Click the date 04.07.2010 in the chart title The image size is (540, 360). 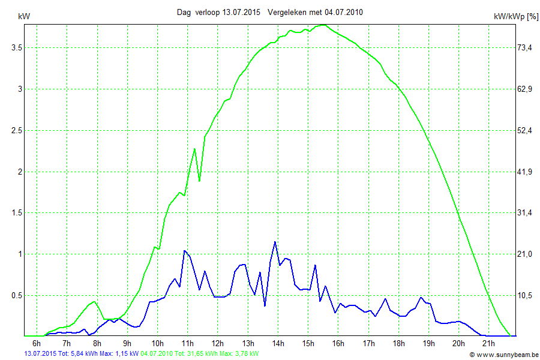[341, 12]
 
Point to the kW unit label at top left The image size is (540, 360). [24, 17]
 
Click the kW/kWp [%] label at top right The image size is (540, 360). [516, 17]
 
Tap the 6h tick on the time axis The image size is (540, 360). [37, 343]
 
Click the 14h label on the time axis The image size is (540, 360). [278, 343]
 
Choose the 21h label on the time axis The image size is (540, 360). [488, 343]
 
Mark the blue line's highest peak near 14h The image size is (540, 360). [275, 242]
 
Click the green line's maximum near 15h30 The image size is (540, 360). [323, 25]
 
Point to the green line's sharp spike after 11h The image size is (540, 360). [194, 149]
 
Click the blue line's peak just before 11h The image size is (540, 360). [185, 251]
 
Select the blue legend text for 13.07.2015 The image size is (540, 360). [82, 354]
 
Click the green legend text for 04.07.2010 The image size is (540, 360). [200, 354]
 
